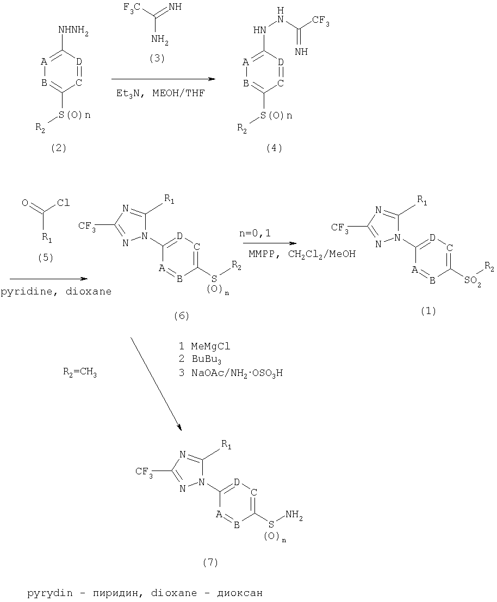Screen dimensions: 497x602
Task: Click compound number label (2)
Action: tap(58, 148)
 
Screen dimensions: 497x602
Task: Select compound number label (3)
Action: tap(157, 58)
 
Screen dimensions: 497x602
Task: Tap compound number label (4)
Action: tap(274, 148)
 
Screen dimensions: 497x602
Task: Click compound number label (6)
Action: tap(182, 316)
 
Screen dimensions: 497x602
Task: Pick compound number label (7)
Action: tap(210, 562)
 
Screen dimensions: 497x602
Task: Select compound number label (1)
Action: tap(428, 311)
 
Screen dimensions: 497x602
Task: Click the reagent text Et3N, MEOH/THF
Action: tap(160, 93)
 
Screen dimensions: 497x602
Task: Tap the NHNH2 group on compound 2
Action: tap(73, 30)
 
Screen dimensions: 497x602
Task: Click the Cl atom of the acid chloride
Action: tap(64, 203)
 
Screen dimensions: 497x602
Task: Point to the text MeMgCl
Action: tap(210, 346)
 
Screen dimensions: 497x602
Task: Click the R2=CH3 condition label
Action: tap(80, 372)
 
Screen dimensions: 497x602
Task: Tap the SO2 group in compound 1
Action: tap(473, 281)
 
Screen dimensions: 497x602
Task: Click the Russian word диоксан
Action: tap(240, 593)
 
